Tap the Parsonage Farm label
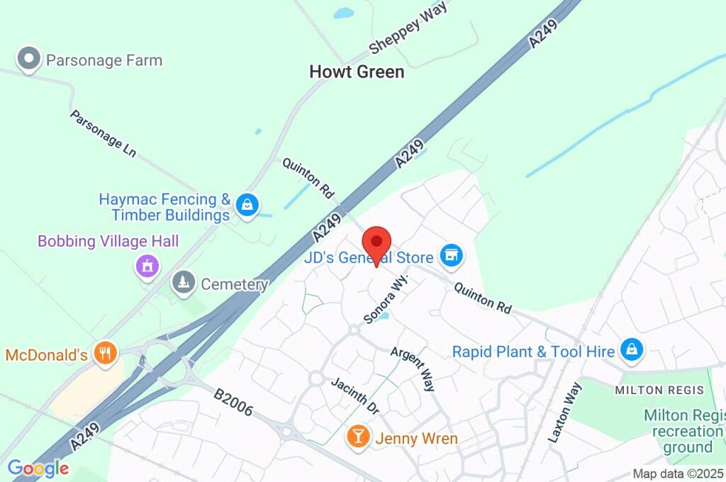pos(104,60)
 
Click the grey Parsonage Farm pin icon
pos(29,60)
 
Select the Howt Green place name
pos(357,72)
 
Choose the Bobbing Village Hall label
pos(108,242)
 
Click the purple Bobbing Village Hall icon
pos(147,267)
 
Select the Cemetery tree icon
pos(184,283)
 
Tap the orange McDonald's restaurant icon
pos(106,352)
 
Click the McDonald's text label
pos(46,354)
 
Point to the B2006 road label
pos(233,400)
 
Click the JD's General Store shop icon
pos(451,256)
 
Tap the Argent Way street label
pos(413,369)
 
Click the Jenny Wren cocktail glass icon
pos(359,437)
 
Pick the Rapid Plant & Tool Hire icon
pos(630,349)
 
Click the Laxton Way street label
pos(565,413)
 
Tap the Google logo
pos(38,468)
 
